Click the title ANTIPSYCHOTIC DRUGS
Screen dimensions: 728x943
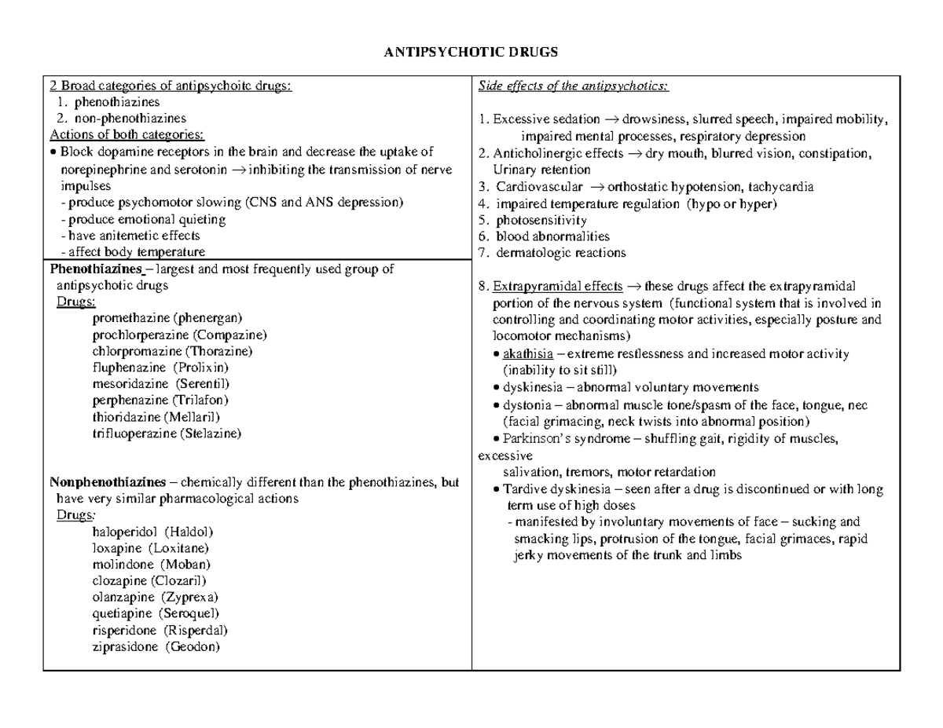click(471, 53)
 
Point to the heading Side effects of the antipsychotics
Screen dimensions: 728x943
click(573, 86)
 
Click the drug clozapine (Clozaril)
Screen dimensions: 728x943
click(149, 581)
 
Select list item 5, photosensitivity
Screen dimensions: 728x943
click(534, 221)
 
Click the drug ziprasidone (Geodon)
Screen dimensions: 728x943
click(156, 647)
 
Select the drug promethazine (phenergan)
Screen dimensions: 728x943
click(167, 318)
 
